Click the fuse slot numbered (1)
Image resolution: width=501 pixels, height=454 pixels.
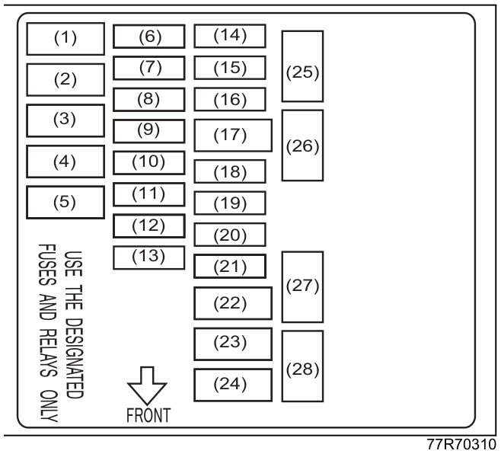(65, 39)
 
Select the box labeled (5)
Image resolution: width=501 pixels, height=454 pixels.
(65, 203)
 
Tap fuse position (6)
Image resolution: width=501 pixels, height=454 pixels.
(149, 37)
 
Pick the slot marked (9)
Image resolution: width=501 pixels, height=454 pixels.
(149, 131)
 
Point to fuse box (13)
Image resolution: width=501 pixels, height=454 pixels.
(149, 257)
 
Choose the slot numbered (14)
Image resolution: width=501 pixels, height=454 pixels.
(230, 36)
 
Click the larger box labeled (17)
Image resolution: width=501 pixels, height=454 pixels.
(233, 136)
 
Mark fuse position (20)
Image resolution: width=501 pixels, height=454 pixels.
(230, 235)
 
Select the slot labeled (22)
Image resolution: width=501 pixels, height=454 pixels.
(233, 303)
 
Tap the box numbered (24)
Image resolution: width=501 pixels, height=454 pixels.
(233, 385)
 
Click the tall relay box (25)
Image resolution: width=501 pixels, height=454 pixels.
(302, 66)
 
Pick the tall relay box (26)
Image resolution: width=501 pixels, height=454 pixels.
(302, 145)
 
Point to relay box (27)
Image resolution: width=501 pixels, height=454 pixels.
(302, 286)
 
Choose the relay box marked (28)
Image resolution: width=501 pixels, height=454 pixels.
(302, 366)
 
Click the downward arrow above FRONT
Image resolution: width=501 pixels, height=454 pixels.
(147, 386)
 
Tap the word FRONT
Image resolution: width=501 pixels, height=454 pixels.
(148, 415)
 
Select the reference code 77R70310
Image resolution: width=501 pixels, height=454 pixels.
(461, 444)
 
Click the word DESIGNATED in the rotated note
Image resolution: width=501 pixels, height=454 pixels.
(74, 359)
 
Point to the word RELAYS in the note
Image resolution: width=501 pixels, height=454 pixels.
(48, 353)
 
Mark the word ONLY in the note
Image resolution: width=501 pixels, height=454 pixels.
(49, 406)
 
